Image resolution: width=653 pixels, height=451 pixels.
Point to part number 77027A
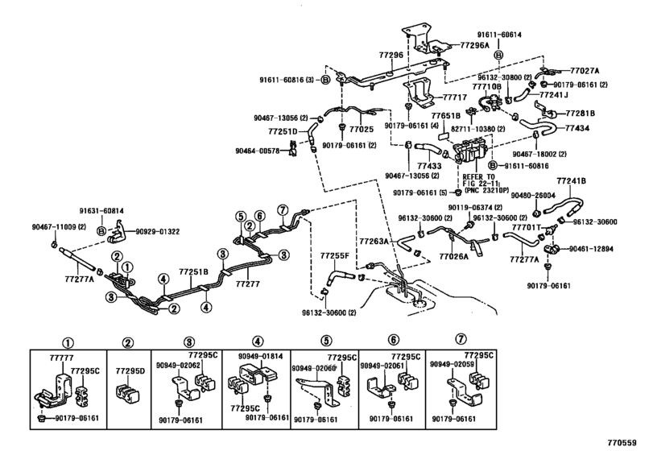point(587,72)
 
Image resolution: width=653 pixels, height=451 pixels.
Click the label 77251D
point(283,130)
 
